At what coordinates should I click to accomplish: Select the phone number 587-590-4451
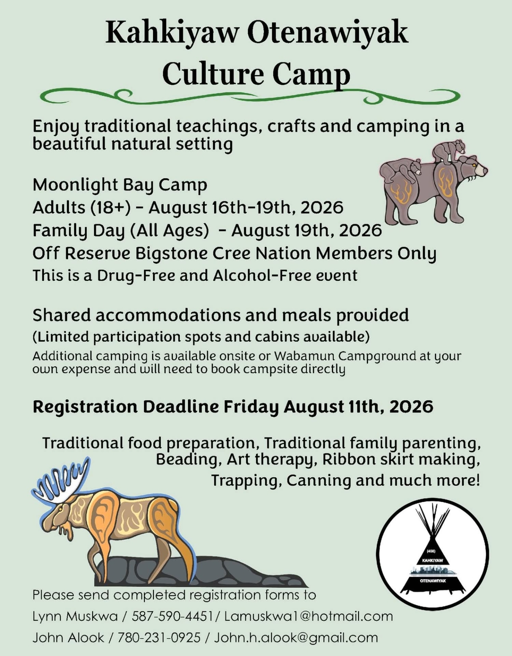[x=172, y=616]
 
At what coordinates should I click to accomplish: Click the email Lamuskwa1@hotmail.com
[x=309, y=616]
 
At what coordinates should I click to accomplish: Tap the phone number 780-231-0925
[x=159, y=638]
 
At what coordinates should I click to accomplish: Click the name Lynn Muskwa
[x=75, y=616]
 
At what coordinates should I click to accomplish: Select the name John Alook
[x=68, y=638]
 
